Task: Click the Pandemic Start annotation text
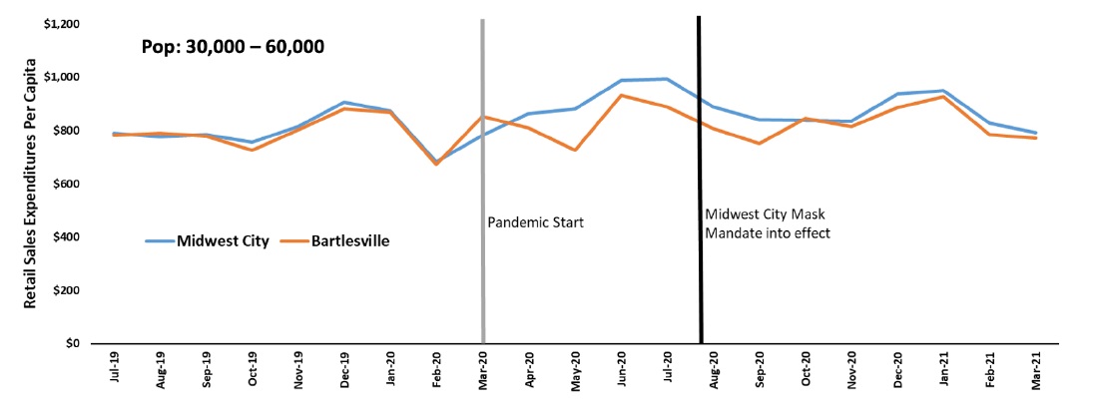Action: [535, 222]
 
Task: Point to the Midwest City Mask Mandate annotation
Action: [766, 222]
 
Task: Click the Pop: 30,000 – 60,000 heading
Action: [231, 47]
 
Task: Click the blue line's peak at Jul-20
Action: [667, 79]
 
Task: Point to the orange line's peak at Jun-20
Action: [621, 95]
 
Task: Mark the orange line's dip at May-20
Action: [575, 150]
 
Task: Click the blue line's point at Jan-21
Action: [943, 91]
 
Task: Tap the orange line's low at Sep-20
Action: [759, 143]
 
